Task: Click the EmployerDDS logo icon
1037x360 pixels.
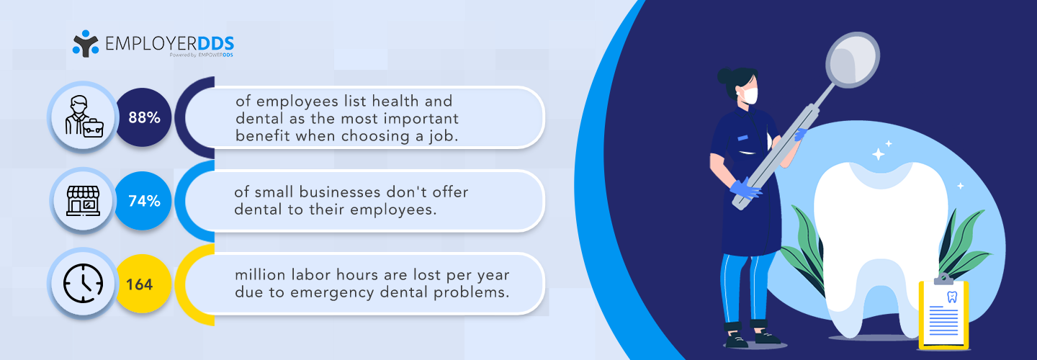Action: click(x=86, y=43)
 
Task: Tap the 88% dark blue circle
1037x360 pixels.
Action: click(x=143, y=117)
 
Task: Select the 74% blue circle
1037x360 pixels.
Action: click(x=143, y=201)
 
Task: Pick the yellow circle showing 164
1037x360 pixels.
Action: click(x=143, y=284)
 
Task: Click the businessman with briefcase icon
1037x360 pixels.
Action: click(x=84, y=117)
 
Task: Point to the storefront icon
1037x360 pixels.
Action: click(x=84, y=201)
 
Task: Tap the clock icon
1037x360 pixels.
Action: click(x=84, y=283)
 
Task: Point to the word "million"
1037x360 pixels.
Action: click(x=260, y=275)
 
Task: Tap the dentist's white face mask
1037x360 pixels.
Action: click(x=750, y=95)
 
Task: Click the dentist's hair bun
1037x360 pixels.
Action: click(x=724, y=76)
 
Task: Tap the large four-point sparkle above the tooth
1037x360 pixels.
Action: click(x=878, y=154)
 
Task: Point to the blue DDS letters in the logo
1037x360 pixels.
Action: click(x=216, y=43)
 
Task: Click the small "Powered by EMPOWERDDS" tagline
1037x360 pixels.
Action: click(x=202, y=55)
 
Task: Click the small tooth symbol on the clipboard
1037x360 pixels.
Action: click(x=952, y=297)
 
